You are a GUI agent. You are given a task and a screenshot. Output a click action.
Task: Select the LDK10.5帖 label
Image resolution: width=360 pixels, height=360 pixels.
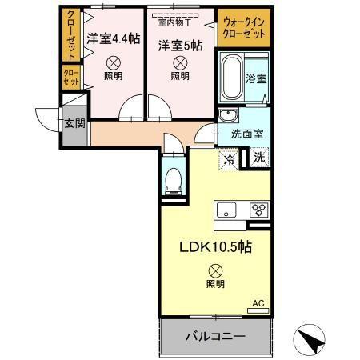pos(214,247)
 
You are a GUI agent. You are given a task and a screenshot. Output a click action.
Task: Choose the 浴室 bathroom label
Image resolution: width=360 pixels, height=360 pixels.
pos(256,80)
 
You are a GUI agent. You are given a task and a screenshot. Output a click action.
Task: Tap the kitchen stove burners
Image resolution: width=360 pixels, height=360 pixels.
pos(258,210)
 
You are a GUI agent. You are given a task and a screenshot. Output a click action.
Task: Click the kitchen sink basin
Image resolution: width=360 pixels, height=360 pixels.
pos(226,211)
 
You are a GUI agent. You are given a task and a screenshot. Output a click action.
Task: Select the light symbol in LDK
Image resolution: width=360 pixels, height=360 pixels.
pos(214,270)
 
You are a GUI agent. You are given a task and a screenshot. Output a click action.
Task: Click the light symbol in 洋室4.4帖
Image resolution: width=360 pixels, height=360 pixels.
pos(114,62)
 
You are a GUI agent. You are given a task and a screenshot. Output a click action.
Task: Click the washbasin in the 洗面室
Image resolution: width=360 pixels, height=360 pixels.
pos(227,114)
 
